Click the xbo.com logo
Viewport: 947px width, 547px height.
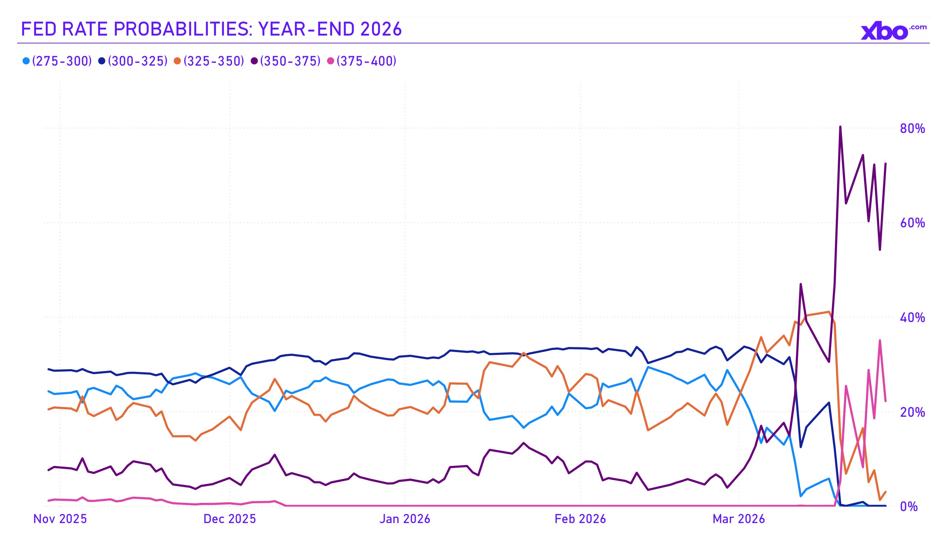[893, 31]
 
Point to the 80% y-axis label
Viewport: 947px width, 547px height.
[912, 129]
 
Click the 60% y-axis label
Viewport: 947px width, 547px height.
[912, 223]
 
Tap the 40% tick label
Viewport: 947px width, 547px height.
[912, 318]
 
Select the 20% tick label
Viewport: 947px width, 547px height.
[912, 412]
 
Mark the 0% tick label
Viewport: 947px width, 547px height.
[909, 507]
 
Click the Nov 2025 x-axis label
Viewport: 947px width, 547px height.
[60, 519]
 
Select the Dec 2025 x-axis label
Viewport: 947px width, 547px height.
[230, 519]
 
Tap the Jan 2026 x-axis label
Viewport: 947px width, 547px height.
[405, 519]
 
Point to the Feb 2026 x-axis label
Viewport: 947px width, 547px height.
[580, 519]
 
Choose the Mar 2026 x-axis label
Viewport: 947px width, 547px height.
[739, 519]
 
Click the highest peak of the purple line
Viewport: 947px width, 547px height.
[840, 127]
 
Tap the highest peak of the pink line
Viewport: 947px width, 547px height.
[880, 340]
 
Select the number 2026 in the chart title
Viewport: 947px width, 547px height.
[381, 29]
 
